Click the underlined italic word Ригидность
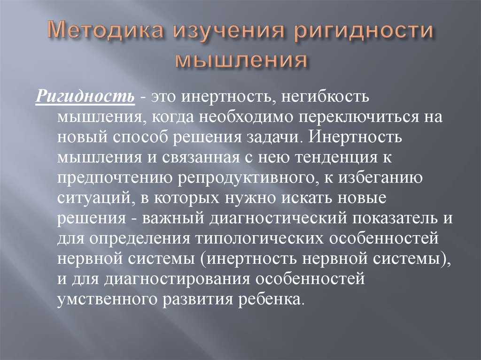[85, 97]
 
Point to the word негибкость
[326, 97]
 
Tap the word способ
[140, 138]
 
